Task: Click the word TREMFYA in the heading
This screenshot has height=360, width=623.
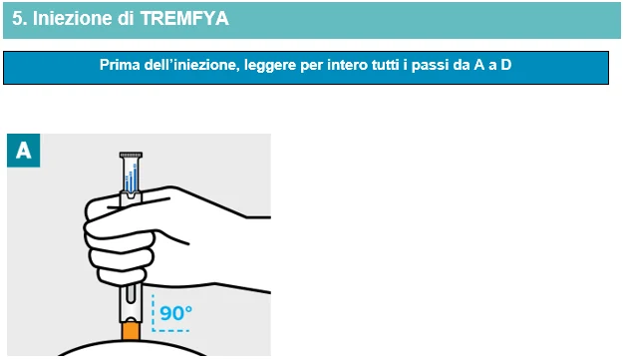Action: pyautogui.click(x=184, y=18)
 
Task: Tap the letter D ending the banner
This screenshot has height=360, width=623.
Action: pyautogui.click(x=505, y=65)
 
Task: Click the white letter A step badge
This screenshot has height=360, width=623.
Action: pyautogui.click(x=24, y=151)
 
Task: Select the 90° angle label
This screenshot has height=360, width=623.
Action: pyautogui.click(x=176, y=313)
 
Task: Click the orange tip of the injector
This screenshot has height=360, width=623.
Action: pyautogui.click(x=131, y=331)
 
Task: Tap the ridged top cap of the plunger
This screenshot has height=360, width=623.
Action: pyautogui.click(x=131, y=155)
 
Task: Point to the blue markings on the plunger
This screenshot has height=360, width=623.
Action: pyautogui.click(x=132, y=179)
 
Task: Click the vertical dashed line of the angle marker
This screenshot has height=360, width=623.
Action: pyautogui.click(x=153, y=312)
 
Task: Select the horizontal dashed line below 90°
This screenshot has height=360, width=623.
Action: pyautogui.click(x=170, y=330)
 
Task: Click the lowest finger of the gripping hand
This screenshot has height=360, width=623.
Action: pyautogui.click(x=123, y=277)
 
